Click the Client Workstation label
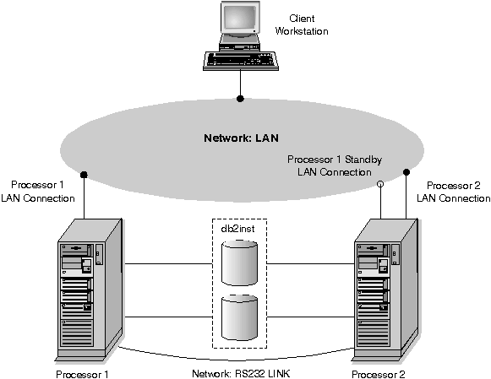[x=302, y=25]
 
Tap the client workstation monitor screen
[x=240, y=17]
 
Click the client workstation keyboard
[x=241, y=60]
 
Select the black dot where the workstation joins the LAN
[x=240, y=99]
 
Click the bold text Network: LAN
[x=241, y=138]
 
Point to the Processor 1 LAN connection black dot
[x=84, y=175]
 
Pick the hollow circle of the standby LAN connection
[x=380, y=184]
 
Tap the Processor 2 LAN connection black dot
[x=406, y=171]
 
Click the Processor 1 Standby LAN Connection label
[x=335, y=165]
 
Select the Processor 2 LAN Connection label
[x=454, y=192]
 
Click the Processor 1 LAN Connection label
[x=37, y=192]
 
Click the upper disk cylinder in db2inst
[x=239, y=262]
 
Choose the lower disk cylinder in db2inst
[x=239, y=317]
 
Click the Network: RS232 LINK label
[x=241, y=374]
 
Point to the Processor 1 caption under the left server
[x=82, y=374]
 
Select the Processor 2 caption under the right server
[x=379, y=374]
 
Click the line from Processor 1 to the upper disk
[x=168, y=263]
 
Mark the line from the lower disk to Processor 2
[x=311, y=317]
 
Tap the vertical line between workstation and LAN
[x=240, y=83]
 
